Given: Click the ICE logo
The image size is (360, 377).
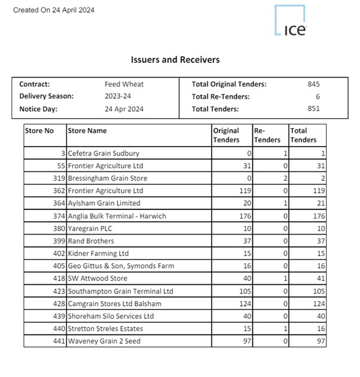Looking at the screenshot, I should click(291, 22).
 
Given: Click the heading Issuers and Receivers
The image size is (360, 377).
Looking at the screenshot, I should click(175, 60).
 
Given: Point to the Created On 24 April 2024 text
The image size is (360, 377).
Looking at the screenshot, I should click(53, 10).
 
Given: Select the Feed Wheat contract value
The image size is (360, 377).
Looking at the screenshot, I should click(124, 84).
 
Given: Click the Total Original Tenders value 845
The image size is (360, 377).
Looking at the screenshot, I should click(313, 84).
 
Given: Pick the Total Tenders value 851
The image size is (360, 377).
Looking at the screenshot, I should click(313, 108).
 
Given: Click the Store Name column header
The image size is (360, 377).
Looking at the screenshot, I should click(87, 130).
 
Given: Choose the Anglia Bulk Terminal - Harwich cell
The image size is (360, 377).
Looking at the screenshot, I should click(117, 216).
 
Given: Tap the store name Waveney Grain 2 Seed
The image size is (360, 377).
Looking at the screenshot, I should click(104, 341).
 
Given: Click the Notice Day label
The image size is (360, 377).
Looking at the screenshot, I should click(39, 108).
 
